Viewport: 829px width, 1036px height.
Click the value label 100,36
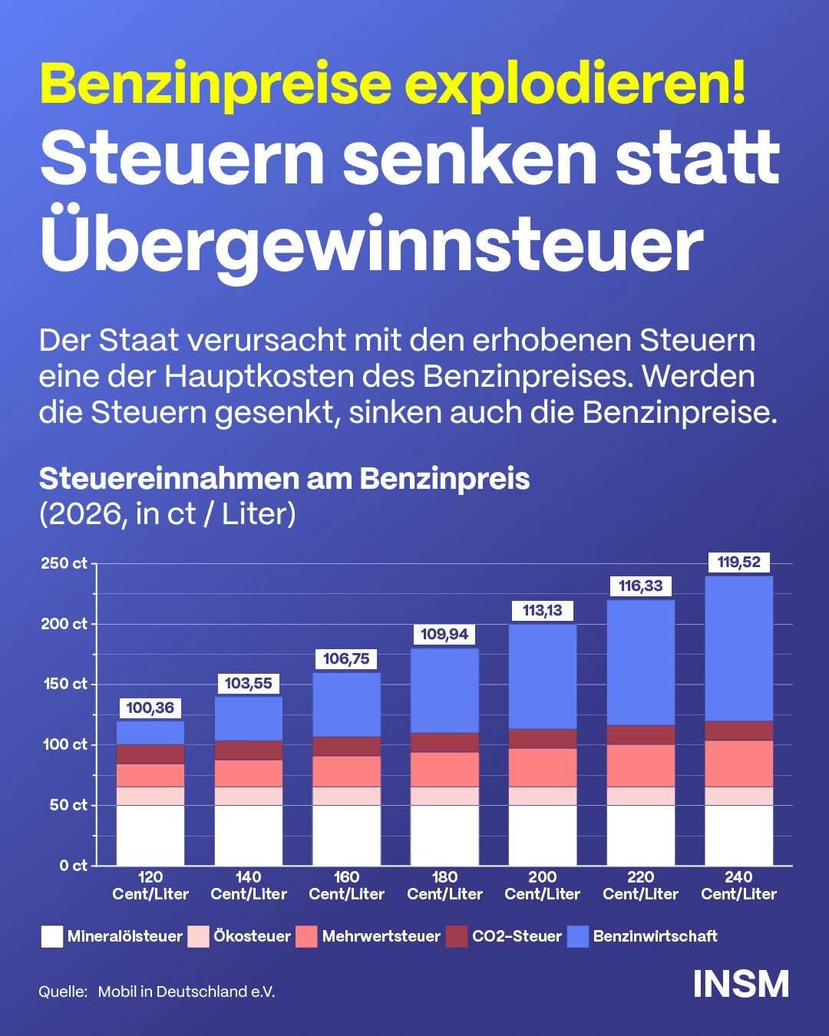click(150, 708)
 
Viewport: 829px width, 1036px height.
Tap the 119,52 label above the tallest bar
click(738, 563)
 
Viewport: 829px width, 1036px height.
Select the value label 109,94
click(444, 635)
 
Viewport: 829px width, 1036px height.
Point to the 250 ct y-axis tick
click(64, 564)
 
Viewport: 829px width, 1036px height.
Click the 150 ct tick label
click(64, 684)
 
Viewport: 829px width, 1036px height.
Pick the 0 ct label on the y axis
click(74, 866)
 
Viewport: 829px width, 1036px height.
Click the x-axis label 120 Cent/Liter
click(150, 886)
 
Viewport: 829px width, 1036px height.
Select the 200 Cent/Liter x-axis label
click(543, 886)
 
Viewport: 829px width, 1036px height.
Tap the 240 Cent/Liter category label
click(738, 886)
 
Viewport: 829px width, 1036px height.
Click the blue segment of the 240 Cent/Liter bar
click(738, 648)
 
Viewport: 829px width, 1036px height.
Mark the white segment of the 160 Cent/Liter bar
click(347, 835)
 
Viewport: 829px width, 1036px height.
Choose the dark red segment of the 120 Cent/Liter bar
click(150, 754)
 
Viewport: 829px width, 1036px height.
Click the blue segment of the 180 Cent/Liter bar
click(444, 691)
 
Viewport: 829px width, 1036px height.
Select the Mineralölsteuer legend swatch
click(51, 936)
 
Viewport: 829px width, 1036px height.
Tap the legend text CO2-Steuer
click(517, 936)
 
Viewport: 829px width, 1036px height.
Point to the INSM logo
click(741, 984)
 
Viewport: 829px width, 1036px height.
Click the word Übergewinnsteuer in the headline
click(372, 246)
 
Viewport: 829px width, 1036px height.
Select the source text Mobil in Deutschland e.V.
click(187, 991)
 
